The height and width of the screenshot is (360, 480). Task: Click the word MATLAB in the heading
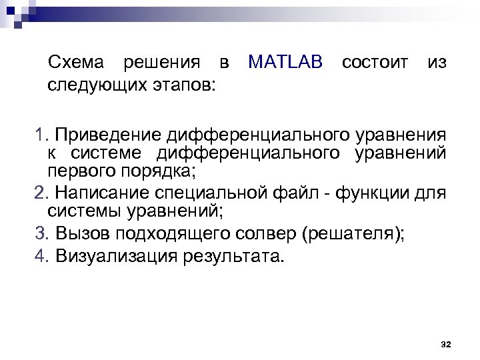[285, 63]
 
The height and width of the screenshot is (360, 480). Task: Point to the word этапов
[186, 85]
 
